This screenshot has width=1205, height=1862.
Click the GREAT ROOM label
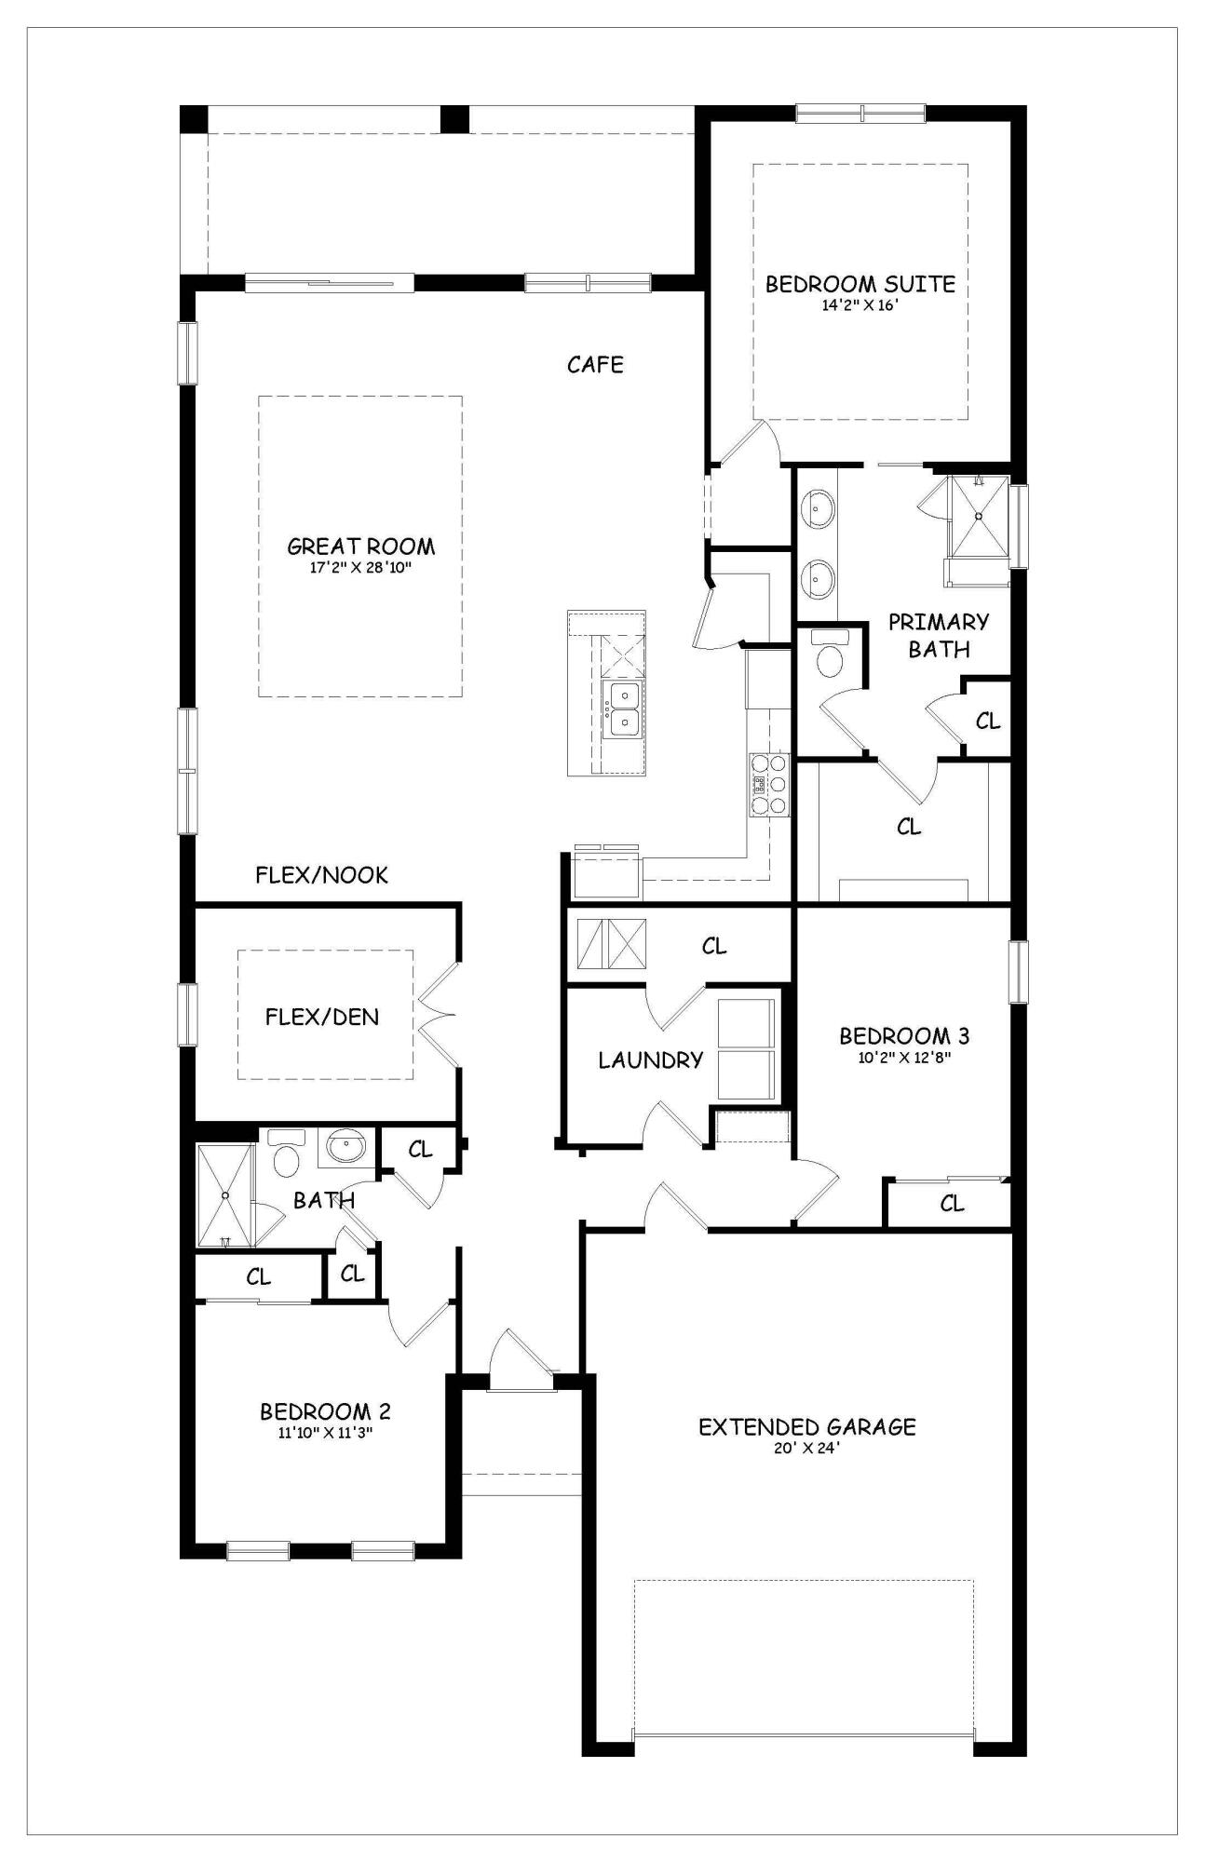360,546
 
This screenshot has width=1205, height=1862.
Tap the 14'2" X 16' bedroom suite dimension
859,304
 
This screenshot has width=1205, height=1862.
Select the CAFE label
595,364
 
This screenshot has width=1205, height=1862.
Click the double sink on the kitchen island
621,709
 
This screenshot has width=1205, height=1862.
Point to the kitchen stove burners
769,785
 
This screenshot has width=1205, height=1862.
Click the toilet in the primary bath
828,655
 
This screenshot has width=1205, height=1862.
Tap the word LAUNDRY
650,1059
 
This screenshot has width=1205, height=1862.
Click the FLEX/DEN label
322,1016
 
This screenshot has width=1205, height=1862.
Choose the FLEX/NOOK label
321,874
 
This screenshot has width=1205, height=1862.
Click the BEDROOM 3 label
903,1035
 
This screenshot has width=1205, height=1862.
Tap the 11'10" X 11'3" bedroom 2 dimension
325,1433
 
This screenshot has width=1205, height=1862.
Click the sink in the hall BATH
346,1147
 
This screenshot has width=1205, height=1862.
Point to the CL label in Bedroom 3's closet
952,1204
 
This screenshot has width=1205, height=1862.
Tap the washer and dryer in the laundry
746,1049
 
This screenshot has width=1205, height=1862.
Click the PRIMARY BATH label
938,635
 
